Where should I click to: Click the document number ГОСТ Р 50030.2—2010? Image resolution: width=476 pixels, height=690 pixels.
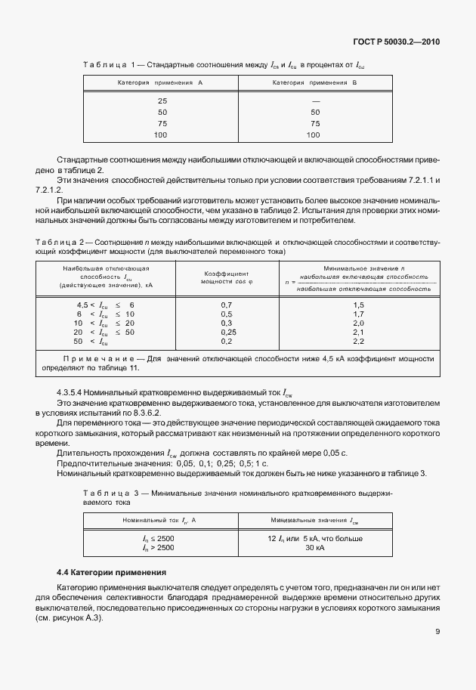(397, 41)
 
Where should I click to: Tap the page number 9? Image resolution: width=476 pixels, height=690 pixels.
(437, 633)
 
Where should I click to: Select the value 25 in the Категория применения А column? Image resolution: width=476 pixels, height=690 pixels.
(162, 101)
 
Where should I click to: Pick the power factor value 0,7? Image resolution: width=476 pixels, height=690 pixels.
(226, 304)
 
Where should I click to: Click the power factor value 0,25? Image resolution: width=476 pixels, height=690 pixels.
(226, 332)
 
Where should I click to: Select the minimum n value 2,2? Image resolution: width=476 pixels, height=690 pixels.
(358, 342)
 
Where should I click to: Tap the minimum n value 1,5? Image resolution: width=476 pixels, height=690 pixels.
(358, 304)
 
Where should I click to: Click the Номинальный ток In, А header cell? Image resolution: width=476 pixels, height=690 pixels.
(159, 520)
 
